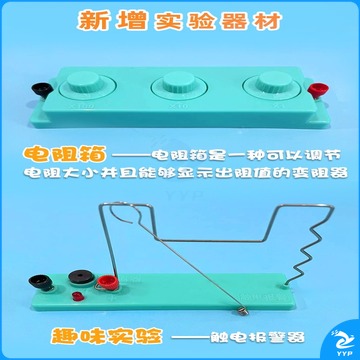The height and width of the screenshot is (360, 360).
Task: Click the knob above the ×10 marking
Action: pyautogui.click(x=179, y=83)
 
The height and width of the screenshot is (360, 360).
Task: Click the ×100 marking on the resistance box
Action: pyautogui.click(x=85, y=107)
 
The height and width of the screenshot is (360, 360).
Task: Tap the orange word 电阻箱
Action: pyautogui.click(x=64, y=155)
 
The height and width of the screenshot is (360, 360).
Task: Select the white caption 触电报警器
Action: pyautogui.click(x=258, y=337)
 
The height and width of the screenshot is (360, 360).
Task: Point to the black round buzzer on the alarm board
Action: pyautogui.click(x=80, y=277)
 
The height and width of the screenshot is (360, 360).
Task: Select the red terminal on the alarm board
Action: pyautogui.click(x=108, y=283)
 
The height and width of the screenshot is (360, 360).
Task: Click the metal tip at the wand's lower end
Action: pyautogui.click(x=244, y=311)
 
